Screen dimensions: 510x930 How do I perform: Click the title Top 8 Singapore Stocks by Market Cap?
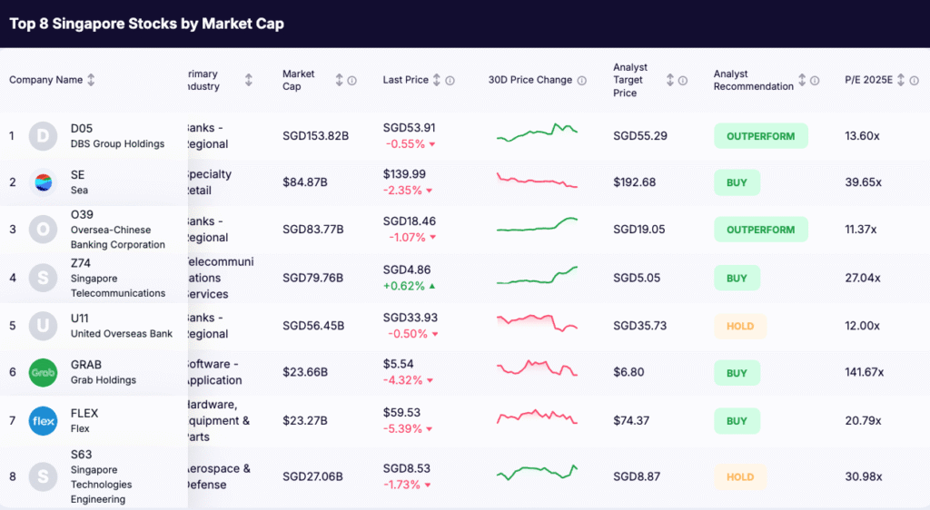pos(146,24)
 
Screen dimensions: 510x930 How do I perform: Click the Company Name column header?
pos(45,80)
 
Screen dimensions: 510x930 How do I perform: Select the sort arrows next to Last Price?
pos(437,80)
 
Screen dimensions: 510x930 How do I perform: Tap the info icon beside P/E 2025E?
pos(914,80)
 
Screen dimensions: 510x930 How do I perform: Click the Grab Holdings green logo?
pos(43,373)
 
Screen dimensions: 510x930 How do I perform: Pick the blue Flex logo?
pos(43,421)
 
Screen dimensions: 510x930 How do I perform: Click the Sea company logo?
pos(43,182)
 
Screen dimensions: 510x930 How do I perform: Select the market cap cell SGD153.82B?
pos(315,136)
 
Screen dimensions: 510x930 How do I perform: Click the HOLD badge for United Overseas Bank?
pos(739,326)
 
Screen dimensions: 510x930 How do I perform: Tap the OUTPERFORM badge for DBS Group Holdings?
pos(760,136)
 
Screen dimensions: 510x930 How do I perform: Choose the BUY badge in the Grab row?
pos(737,373)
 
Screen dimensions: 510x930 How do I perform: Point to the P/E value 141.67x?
pos(866,373)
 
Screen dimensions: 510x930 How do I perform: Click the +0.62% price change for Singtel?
pos(406,286)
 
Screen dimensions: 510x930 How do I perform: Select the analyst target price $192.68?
pos(634,182)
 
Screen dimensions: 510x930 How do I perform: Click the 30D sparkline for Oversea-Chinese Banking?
pos(537,225)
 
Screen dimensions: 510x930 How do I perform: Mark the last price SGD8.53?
pos(407,469)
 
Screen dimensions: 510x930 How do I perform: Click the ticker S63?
pos(81,455)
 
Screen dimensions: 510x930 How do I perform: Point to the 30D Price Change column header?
pos(530,80)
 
